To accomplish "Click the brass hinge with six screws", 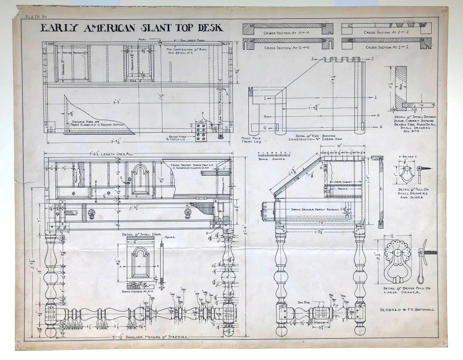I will (202, 131).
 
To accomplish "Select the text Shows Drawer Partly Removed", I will (313, 208).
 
